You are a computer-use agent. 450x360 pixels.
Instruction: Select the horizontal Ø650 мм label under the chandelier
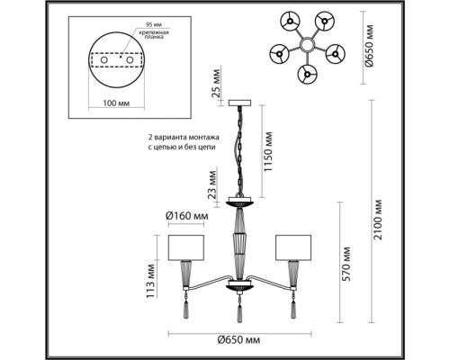(x=240, y=339)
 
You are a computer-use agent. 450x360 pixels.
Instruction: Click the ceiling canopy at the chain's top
(x=241, y=101)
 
